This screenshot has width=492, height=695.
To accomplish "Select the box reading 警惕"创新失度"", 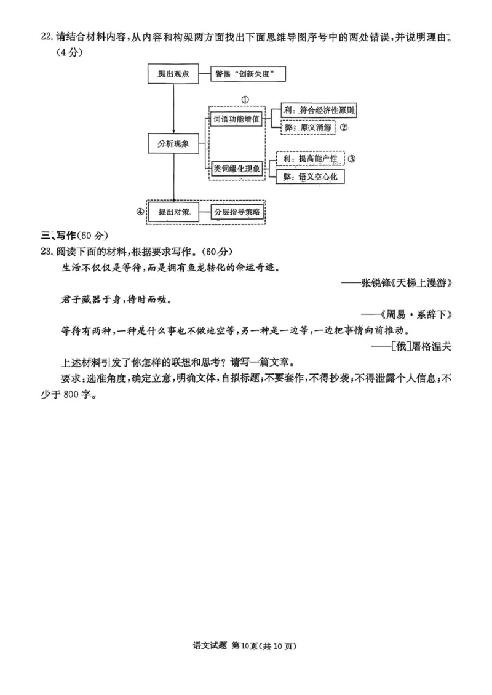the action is (x=248, y=74).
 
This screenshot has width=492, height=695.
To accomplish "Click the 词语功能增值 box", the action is (x=237, y=118).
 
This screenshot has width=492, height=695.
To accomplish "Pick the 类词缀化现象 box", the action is (x=237, y=168).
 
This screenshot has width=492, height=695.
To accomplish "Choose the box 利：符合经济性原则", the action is (x=319, y=111).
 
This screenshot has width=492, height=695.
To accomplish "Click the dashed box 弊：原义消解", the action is (x=307, y=128).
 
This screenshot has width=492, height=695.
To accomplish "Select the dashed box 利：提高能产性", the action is (x=310, y=159).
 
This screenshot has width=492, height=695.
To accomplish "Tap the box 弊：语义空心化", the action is (x=310, y=177).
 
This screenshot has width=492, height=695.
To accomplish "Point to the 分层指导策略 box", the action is (x=237, y=212).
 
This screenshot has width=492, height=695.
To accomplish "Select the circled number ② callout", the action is (x=344, y=128).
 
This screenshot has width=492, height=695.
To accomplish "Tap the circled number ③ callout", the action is (x=352, y=159).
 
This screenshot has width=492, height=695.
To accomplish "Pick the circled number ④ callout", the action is (x=139, y=212).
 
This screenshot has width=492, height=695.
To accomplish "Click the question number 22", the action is (x=46, y=37).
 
